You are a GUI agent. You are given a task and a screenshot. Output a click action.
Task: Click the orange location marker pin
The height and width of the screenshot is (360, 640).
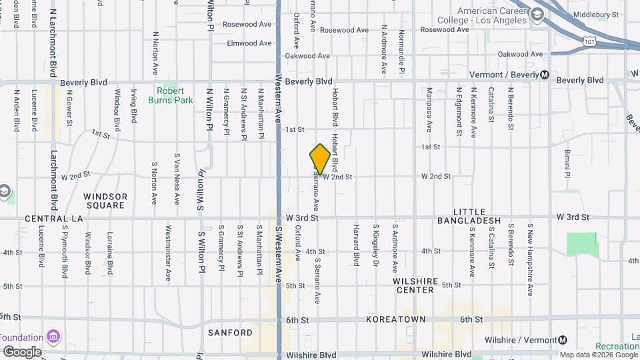320,159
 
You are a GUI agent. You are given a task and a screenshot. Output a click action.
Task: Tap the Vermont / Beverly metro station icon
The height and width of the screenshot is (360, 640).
545,75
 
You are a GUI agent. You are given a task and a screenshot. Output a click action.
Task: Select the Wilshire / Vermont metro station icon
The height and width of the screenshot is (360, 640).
563,341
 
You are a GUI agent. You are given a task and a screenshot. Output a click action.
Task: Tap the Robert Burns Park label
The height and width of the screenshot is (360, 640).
175,95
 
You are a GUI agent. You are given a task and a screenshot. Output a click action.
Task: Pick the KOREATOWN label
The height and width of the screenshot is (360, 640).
395,320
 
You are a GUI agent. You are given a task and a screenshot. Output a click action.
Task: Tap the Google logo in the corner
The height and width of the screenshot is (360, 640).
22,351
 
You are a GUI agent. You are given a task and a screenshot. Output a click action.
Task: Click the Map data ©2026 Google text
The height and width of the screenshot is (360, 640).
599,355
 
